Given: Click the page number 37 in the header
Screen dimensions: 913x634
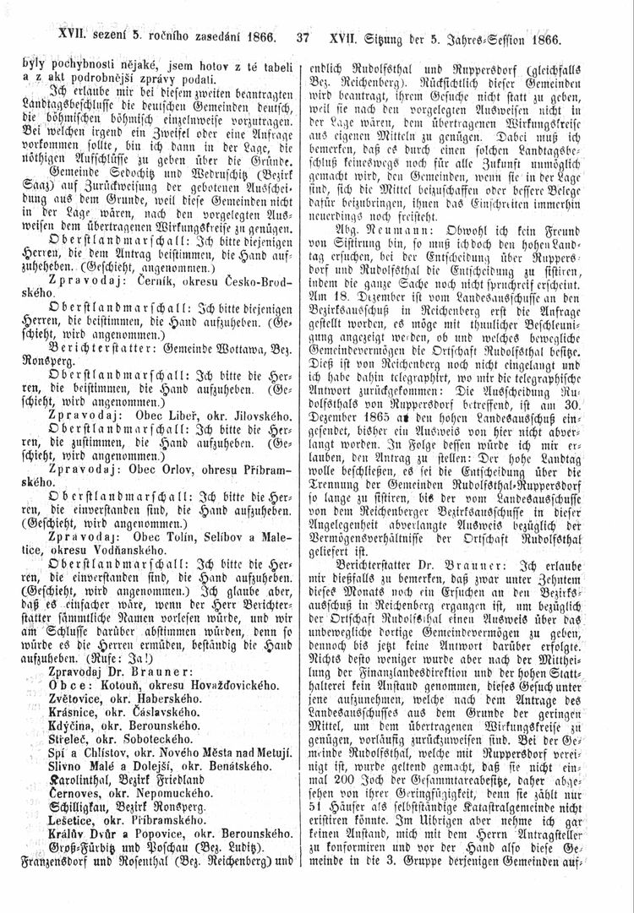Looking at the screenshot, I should click(304, 38).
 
